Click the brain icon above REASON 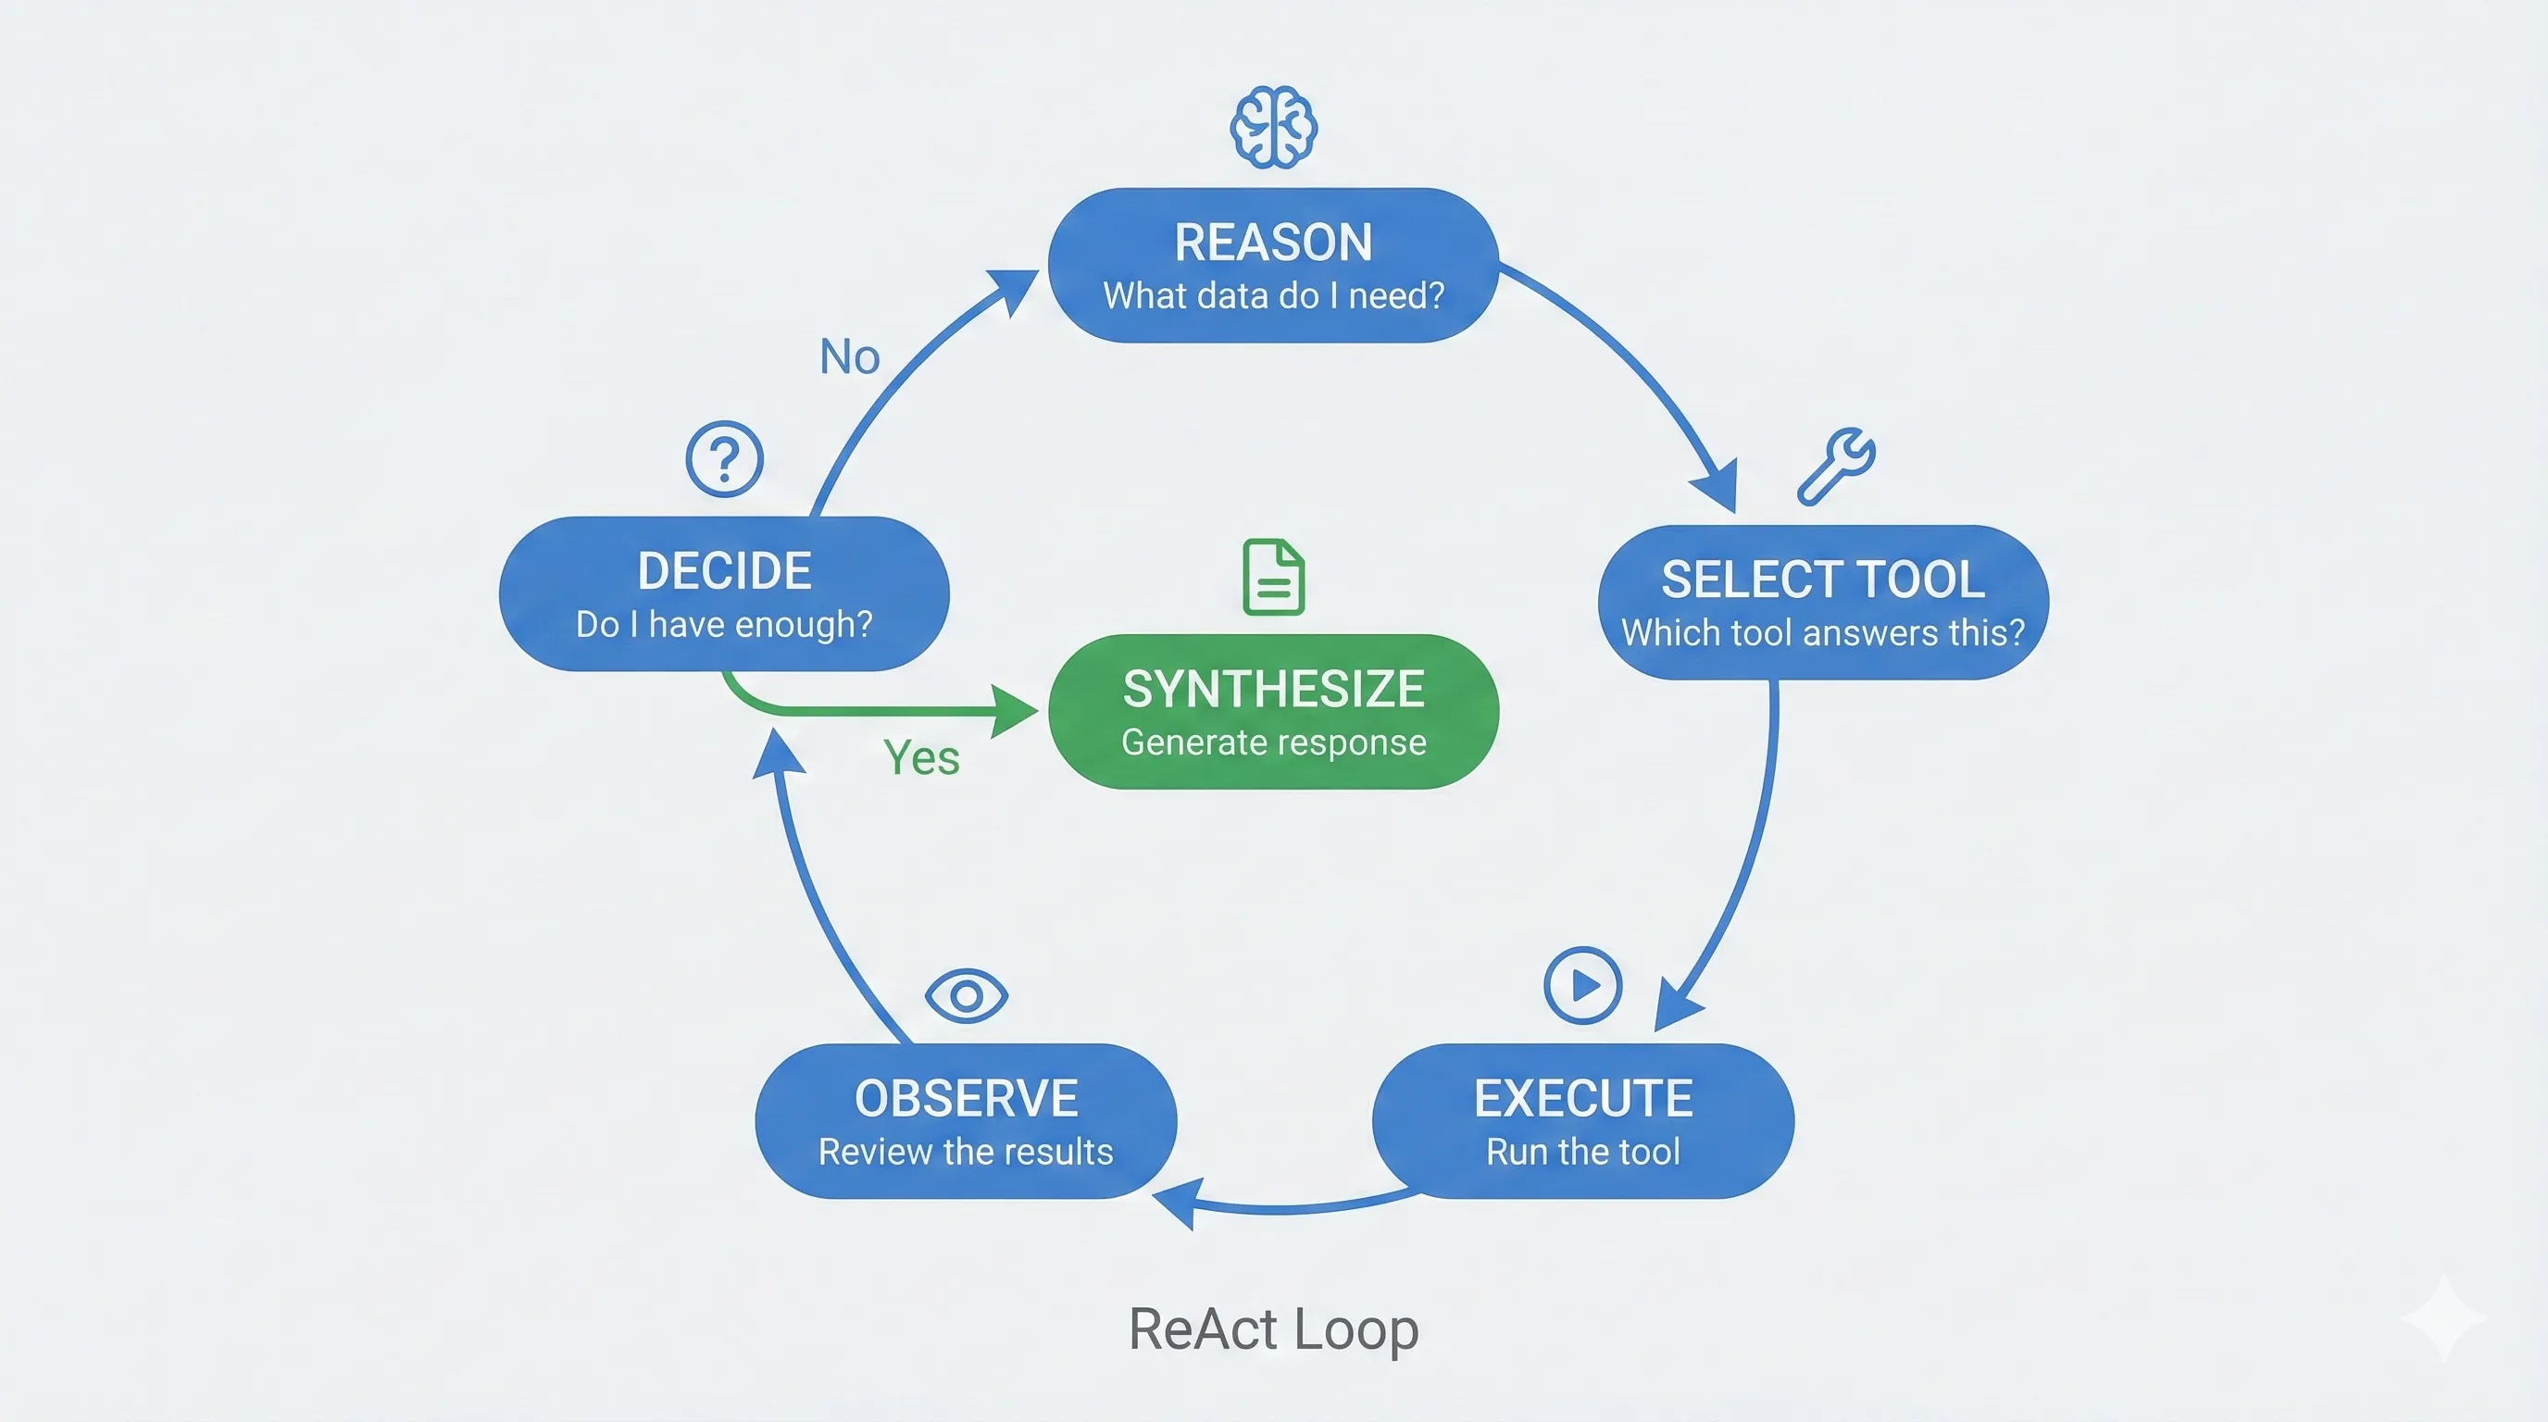(x=1273, y=128)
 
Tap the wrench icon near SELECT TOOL (x=1836, y=465)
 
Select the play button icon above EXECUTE (x=1582, y=985)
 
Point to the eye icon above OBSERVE (x=967, y=995)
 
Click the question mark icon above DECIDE (x=724, y=459)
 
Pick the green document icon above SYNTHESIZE (x=1273, y=577)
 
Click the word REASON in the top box (x=1273, y=243)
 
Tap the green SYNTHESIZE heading (x=1273, y=690)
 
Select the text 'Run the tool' (x=1582, y=1152)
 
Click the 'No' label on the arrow (x=850, y=357)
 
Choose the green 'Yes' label (x=921, y=758)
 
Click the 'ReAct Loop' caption (x=1273, y=1329)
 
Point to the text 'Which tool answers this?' (x=1822, y=633)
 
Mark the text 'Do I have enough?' (x=724, y=625)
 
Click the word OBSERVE (x=967, y=1099)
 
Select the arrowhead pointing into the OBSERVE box (x=1177, y=1203)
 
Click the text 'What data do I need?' (x=1273, y=295)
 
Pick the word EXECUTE (x=1582, y=1099)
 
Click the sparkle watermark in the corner (x=2444, y=1317)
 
